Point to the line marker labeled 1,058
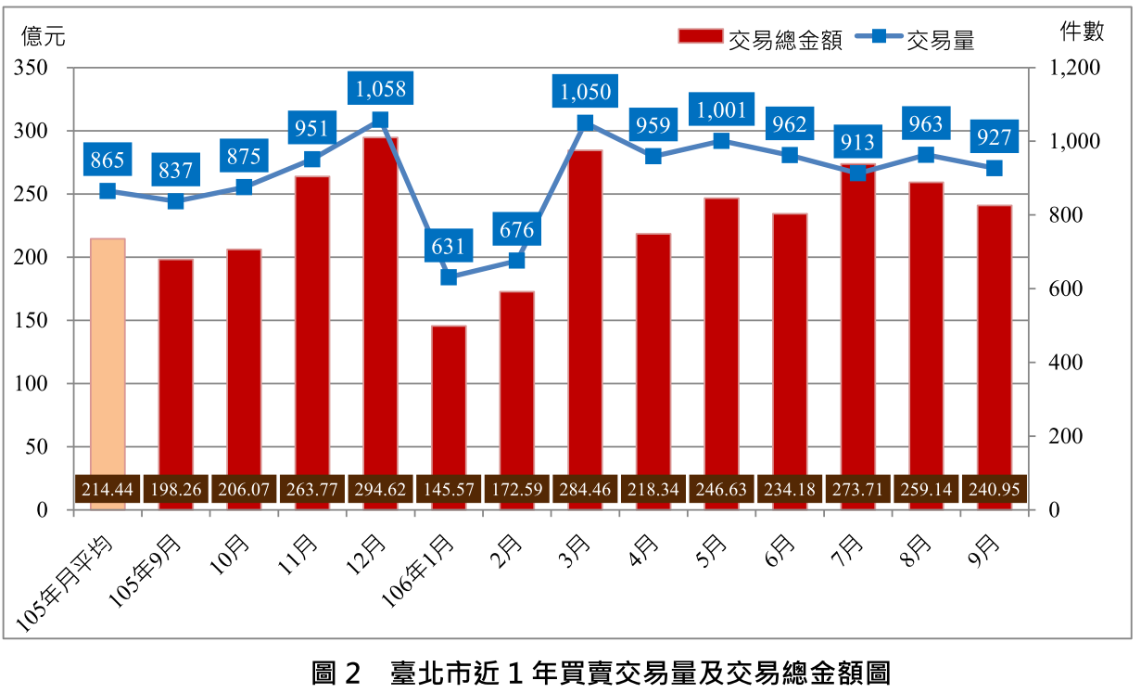tap(380, 120)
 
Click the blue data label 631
tap(449, 247)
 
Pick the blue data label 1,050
tap(586, 92)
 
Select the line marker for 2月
tap(517, 261)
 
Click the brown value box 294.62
tap(380, 490)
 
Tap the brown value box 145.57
tap(449, 490)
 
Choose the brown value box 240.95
tap(995, 490)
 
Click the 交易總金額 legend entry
tap(760, 38)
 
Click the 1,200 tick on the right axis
tap(1076, 69)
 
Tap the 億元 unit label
tap(44, 36)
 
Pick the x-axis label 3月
tap(576, 553)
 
